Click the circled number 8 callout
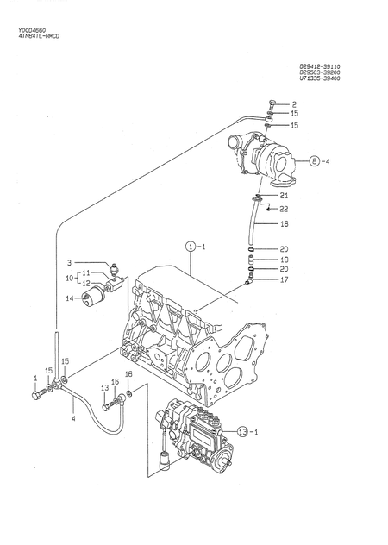315,161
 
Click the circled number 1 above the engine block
191,247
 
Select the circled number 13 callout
242,432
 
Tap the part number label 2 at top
294,104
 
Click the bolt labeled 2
272,104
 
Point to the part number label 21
284,196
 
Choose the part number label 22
284,209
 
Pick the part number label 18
284,224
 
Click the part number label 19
284,260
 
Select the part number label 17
284,279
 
